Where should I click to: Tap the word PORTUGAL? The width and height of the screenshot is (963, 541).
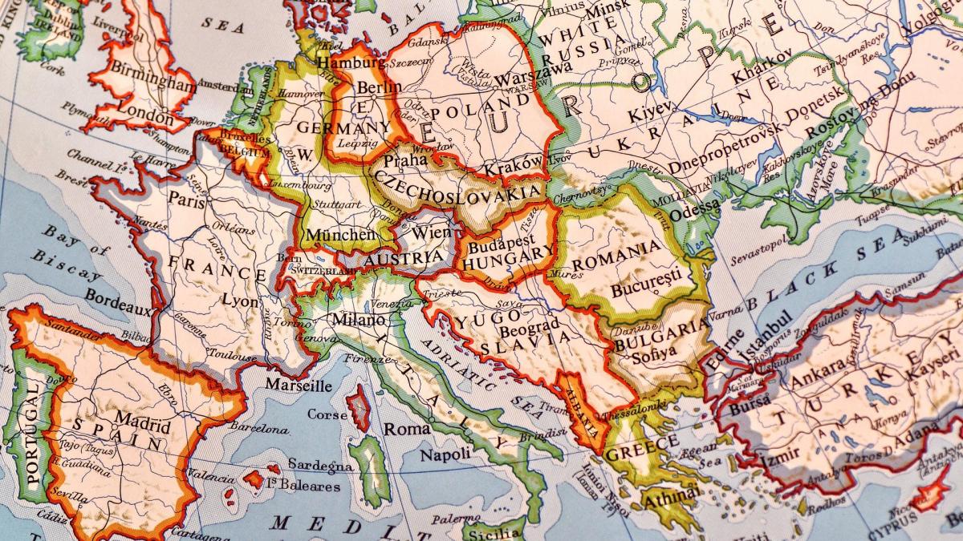coord(32,433)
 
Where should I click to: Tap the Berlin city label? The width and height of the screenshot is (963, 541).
coord(379,87)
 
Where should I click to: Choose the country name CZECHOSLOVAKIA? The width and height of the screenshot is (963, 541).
coord(457,188)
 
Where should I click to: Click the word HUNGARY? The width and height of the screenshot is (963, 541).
coord(509,261)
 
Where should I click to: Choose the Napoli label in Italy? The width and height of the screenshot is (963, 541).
coord(445,454)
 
